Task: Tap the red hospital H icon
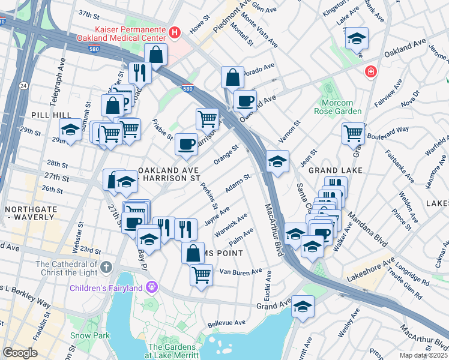tap(175, 32)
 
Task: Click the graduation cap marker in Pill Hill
tap(70, 130)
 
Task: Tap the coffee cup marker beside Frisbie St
tap(186, 145)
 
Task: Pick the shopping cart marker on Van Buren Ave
tap(202, 275)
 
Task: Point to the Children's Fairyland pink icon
tap(152, 288)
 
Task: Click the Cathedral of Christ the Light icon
tap(106, 266)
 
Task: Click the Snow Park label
tap(90, 335)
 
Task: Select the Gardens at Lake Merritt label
tap(172, 352)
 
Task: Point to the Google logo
tap(20, 353)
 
